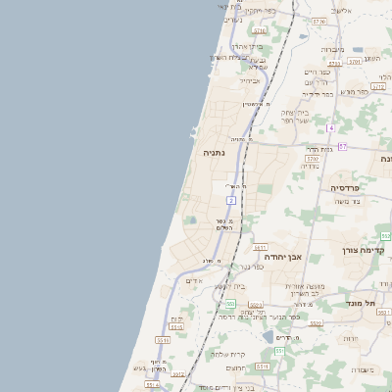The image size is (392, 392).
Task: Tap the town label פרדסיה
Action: tap(344, 186)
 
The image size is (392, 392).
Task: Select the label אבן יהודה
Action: tap(284, 257)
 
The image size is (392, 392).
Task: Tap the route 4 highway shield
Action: tap(331, 128)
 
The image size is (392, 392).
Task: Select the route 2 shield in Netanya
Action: tap(231, 200)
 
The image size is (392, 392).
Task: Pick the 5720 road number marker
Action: tap(259, 31)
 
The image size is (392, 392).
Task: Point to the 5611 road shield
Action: tap(260, 248)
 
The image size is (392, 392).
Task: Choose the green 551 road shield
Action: tap(278, 350)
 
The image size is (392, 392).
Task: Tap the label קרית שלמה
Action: tap(228, 355)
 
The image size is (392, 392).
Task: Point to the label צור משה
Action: tap(348, 201)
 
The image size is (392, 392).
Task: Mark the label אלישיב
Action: tap(341, 9)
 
